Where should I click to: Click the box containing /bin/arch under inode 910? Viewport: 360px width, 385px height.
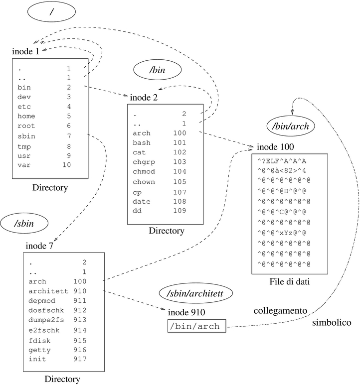(196, 327)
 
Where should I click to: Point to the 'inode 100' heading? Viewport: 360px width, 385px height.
(275, 147)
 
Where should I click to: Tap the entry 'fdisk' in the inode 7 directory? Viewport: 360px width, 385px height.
(39, 340)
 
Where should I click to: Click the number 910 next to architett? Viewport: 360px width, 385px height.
(80, 291)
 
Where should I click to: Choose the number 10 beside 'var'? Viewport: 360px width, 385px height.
(67, 164)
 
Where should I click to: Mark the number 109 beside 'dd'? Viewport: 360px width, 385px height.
(180, 211)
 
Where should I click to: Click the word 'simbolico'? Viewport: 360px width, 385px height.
(332, 323)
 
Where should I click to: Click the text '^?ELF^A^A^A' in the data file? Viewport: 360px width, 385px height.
(282, 161)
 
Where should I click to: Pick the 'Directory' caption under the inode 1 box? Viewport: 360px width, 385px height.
(49, 188)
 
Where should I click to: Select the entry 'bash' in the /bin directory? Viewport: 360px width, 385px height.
(142, 142)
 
